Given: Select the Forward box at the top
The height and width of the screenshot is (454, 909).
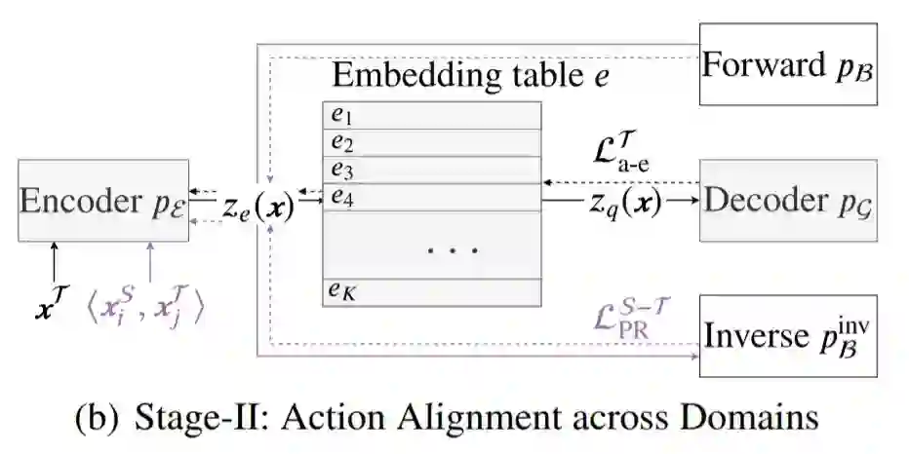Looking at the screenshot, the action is [x=788, y=66].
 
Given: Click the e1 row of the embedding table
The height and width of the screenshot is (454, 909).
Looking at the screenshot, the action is [x=432, y=115].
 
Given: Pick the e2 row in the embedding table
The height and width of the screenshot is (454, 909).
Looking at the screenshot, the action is [x=432, y=142].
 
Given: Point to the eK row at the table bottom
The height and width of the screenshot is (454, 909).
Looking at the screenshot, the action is [x=432, y=291].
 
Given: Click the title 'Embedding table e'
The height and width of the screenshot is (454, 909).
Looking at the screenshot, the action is [x=471, y=75].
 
